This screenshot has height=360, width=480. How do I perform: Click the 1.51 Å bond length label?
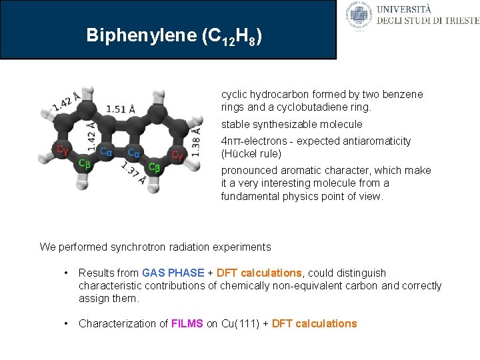pos(121,109)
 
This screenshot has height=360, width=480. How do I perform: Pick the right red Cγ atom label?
pos(177,155)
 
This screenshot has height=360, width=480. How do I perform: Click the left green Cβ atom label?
pos(84,163)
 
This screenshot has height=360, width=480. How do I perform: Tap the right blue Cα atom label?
pos(134,153)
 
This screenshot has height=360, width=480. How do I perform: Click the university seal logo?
pos(359,15)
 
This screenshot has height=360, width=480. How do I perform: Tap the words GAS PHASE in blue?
pos(173,273)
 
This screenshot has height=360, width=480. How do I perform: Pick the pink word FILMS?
pos(187,323)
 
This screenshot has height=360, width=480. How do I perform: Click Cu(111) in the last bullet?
pos(238,323)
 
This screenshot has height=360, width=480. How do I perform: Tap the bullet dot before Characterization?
pos(67,323)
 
